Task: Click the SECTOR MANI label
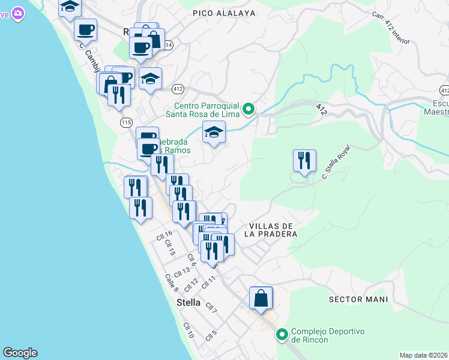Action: pyautogui.click(x=358, y=299)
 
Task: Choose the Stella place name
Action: pyautogui.click(x=188, y=303)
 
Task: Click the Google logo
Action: pyautogui.click(x=20, y=353)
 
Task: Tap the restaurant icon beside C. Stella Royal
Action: pyautogui.click(x=304, y=160)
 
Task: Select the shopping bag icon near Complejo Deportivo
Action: pyautogui.click(x=261, y=298)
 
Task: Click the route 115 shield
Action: pyautogui.click(x=126, y=122)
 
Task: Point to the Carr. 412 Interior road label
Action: pyautogui.click(x=390, y=28)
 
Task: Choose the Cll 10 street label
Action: pyautogui.click(x=188, y=331)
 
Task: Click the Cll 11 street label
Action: pyautogui.click(x=209, y=281)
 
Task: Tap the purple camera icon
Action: pyautogui.click(x=17, y=12)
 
